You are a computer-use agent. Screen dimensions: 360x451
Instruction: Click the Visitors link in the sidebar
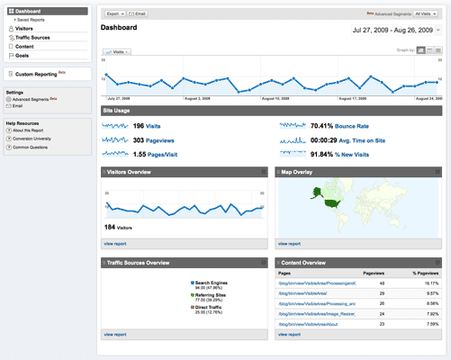(25, 29)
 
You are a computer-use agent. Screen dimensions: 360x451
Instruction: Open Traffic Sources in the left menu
(32, 38)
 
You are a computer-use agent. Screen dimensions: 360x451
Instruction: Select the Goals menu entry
(22, 55)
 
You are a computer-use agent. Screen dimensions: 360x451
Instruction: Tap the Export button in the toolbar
(114, 14)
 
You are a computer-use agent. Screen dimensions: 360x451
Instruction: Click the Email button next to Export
(139, 14)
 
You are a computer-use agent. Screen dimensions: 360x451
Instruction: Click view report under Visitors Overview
(115, 243)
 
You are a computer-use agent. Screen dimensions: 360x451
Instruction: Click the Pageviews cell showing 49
(382, 283)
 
